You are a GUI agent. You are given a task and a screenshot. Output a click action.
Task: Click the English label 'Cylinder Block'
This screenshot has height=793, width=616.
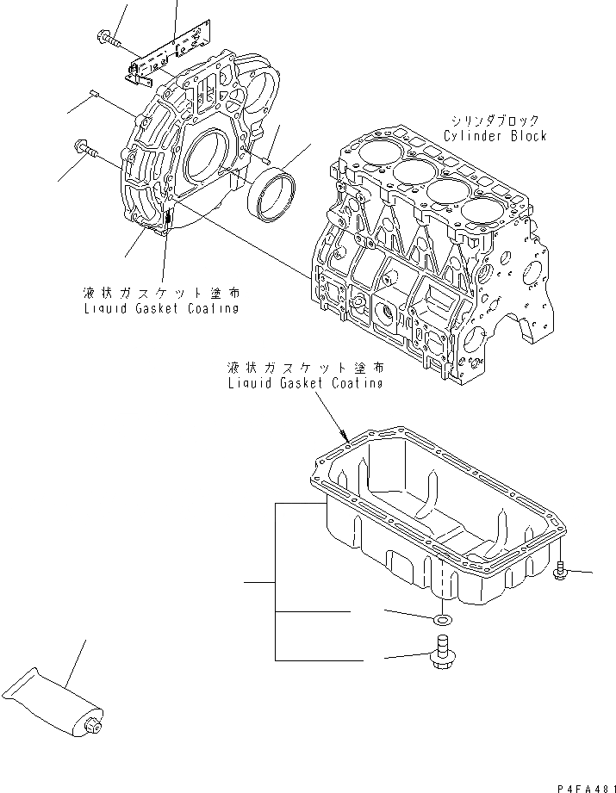click(495, 136)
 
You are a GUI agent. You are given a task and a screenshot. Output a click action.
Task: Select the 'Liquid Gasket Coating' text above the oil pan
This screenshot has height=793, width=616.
click(305, 383)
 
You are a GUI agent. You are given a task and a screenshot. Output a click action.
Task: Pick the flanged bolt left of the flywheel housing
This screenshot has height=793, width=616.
click(86, 150)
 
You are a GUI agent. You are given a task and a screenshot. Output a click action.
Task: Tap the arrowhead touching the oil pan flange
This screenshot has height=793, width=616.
click(345, 436)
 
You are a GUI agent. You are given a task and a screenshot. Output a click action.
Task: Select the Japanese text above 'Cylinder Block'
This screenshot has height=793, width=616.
click(495, 121)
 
